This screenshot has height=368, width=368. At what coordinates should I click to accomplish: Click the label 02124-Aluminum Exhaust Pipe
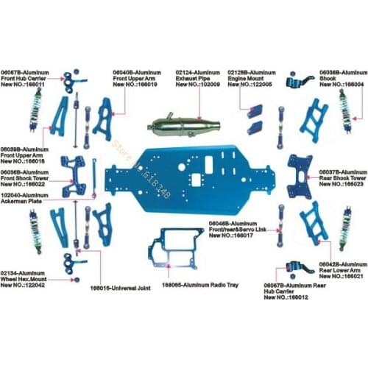click(x=198, y=79)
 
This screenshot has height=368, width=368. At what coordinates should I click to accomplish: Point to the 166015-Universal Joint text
click(x=120, y=289)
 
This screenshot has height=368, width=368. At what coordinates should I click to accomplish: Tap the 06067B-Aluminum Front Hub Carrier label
click(x=25, y=79)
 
